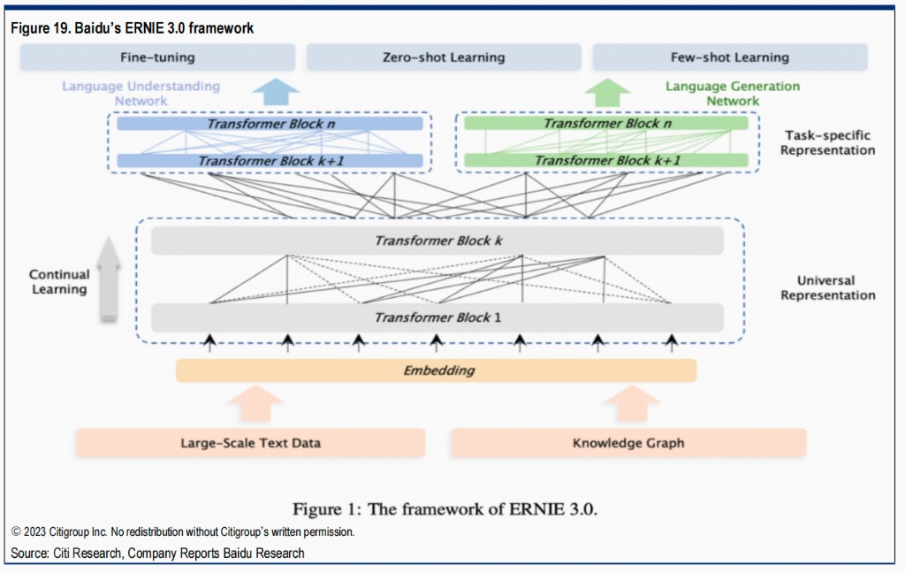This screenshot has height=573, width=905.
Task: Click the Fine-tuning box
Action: [157, 58]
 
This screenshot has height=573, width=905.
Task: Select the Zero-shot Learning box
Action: [444, 58]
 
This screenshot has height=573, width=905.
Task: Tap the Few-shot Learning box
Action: [729, 58]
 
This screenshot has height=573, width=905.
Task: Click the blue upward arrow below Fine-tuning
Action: [276, 92]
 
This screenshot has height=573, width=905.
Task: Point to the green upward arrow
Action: [607, 93]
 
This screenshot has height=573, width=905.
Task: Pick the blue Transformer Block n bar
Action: [270, 124]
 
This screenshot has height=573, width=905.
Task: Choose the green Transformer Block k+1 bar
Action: [606, 161]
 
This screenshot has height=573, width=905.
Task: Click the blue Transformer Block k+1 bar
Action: [270, 161]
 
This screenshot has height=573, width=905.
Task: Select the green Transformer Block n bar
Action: [606, 124]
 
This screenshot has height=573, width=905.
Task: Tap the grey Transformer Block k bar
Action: [437, 241]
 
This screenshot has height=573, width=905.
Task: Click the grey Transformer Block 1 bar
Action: [437, 317]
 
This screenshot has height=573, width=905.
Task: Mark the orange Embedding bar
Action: [436, 371]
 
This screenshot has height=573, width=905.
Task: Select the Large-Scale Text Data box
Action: [250, 443]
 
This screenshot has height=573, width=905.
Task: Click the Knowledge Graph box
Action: [628, 443]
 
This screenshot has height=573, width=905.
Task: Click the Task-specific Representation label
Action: [828, 143]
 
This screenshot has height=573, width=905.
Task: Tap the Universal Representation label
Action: [828, 288]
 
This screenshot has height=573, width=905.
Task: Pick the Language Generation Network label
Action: [732, 94]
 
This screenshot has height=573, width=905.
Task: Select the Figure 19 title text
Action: [132, 28]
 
